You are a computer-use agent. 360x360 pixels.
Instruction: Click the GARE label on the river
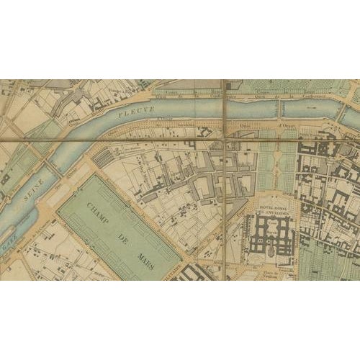click(x=9, y=247)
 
